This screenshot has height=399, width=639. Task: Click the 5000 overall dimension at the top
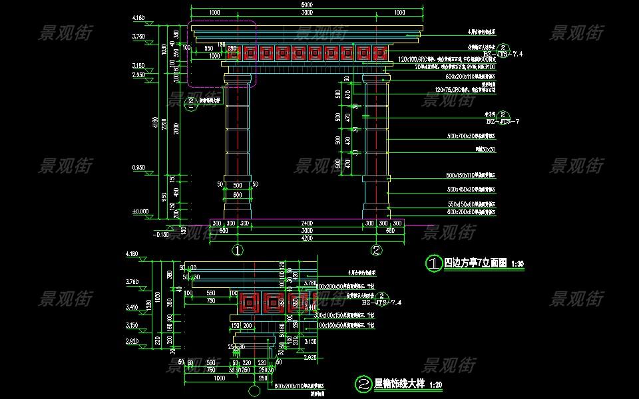click(306, 5)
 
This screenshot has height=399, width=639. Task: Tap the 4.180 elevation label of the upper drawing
click(139, 17)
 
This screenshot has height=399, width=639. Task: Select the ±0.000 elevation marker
click(140, 211)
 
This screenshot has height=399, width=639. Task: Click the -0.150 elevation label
click(161, 234)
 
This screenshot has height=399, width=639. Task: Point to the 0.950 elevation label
click(139, 167)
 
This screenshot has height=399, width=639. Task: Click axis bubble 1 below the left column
click(238, 251)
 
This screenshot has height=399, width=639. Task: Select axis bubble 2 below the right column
click(376, 251)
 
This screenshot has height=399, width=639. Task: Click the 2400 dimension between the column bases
click(306, 223)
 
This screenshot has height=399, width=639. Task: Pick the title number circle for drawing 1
click(433, 264)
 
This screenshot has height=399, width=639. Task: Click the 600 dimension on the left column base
click(238, 195)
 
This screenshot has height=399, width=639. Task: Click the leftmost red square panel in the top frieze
click(234, 53)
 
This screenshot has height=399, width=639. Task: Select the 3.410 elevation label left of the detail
click(139, 307)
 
